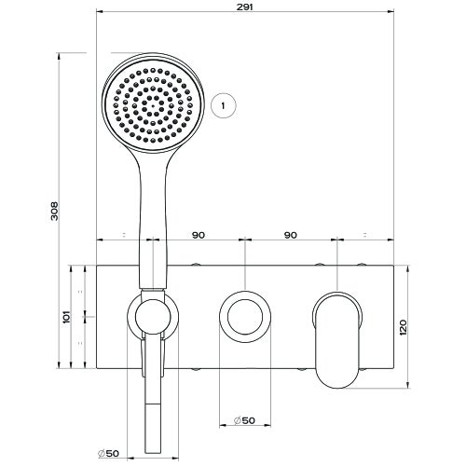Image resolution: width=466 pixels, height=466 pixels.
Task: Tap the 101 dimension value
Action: [x=65, y=318]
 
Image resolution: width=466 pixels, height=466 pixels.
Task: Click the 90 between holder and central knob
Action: [x=199, y=236]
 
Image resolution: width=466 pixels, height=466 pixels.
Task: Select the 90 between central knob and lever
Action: [x=291, y=236]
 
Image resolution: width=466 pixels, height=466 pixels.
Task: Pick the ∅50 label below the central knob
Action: [x=243, y=421]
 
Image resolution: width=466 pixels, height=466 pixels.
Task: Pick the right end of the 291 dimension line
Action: [x=391, y=14]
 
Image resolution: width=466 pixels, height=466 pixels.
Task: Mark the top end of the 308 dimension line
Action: [x=62, y=53]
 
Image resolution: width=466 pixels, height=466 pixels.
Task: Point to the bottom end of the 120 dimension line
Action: [x=407, y=385]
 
